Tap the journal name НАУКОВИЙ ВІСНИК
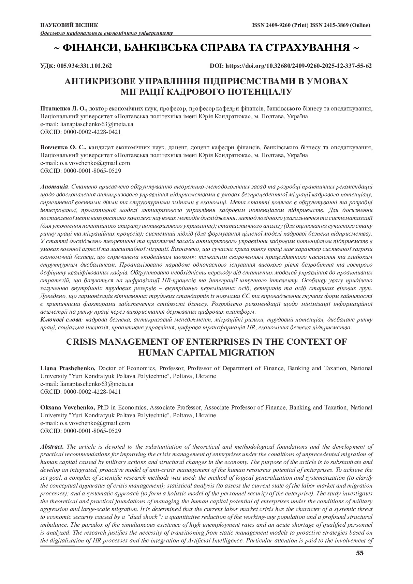coord(69,25)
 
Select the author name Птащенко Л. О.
coord(64,108)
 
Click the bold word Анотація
coord(54,186)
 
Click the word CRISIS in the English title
coord(86,342)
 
